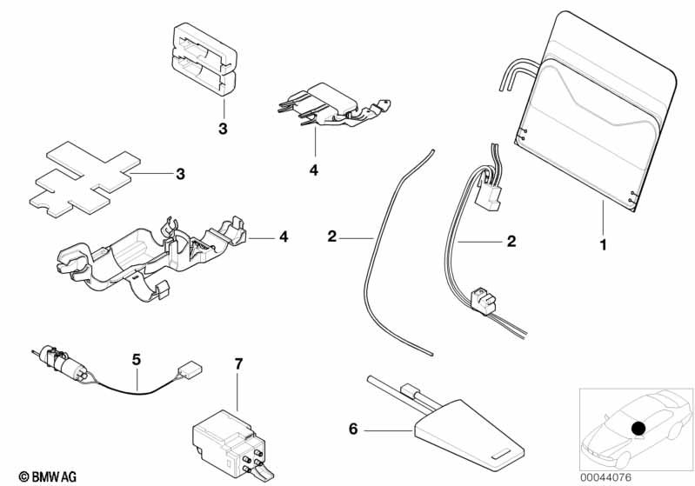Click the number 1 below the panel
pyautogui.click(x=603, y=244)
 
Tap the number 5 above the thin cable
pyautogui.click(x=136, y=360)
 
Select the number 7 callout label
pyautogui.click(x=239, y=364)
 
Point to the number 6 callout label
pyautogui.click(x=353, y=429)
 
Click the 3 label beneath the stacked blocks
pyautogui.click(x=223, y=129)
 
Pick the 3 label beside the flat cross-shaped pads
pyautogui.click(x=180, y=174)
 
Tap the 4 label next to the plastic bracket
pyautogui.click(x=284, y=236)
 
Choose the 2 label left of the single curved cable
pyautogui.click(x=332, y=236)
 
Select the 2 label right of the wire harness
pyautogui.click(x=511, y=242)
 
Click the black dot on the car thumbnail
pyautogui.click(x=638, y=429)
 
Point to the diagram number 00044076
pyautogui.click(x=606, y=477)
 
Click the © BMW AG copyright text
pyautogui.click(x=48, y=476)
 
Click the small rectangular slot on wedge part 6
pyautogui.click(x=503, y=454)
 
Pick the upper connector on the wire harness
pyautogui.click(x=488, y=196)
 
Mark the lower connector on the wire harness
pyautogui.click(x=482, y=301)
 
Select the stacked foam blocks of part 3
pyautogui.click(x=204, y=60)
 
